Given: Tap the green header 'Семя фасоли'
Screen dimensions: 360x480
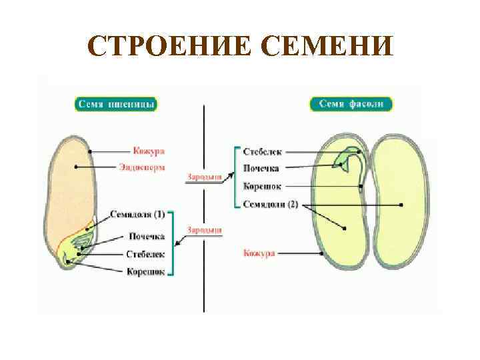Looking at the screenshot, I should tap(351, 105).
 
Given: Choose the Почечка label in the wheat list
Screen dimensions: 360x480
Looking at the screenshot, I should tap(145, 236).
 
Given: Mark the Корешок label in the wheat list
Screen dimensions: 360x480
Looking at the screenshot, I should tap(145, 271).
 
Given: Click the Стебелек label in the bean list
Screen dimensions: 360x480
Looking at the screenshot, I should tap(261, 153).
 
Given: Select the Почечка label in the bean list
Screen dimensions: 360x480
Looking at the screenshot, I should tap(261, 169).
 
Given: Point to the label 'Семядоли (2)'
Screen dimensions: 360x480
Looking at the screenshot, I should tap(270, 204).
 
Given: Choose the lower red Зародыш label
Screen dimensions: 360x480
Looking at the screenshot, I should tap(204, 230).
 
